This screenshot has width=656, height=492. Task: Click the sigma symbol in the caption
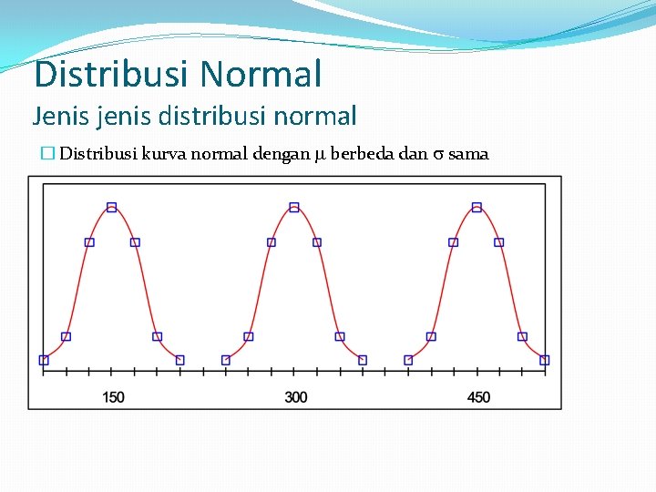pos(437,155)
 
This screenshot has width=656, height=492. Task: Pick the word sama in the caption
pos(468,154)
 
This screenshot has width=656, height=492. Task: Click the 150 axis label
pos(113,397)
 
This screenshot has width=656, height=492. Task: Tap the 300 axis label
pos(295,397)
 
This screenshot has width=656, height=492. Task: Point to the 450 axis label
pos(477,397)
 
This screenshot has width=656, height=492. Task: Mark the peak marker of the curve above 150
pos(112,208)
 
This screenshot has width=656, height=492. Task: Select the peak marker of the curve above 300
pos(294,208)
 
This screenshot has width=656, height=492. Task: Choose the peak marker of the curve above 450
pos(477,208)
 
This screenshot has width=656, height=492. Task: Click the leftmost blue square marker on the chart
pos(44,360)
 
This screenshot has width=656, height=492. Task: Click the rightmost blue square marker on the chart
pos(545,360)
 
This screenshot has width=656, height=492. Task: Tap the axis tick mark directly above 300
pos(294,372)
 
